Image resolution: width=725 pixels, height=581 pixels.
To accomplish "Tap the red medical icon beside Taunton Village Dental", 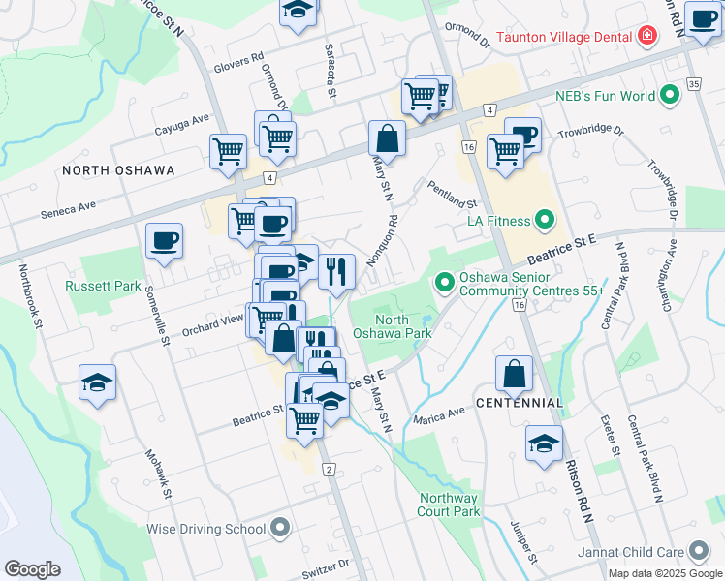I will (x=646, y=37).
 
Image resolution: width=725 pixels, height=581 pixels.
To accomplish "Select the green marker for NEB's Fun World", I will (x=669, y=96).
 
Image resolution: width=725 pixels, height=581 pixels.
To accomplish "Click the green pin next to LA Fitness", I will (x=544, y=222).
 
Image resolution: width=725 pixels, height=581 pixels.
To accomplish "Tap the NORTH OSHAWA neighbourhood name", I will (x=118, y=170).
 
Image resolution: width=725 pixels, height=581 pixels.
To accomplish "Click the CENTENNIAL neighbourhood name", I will (x=520, y=402).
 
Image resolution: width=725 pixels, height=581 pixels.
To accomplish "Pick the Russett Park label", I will (x=98, y=286).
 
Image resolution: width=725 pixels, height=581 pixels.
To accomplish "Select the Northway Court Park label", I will (x=450, y=505).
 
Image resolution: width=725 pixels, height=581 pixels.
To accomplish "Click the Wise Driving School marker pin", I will (x=281, y=529).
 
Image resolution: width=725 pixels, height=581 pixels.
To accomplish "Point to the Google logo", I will (x=32, y=568).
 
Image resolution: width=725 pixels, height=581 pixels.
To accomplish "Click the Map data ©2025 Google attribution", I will (x=665, y=573).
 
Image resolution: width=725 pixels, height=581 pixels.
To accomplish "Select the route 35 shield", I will (x=692, y=84).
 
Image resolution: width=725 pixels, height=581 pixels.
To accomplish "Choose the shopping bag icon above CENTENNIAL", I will (x=515, y=372).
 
